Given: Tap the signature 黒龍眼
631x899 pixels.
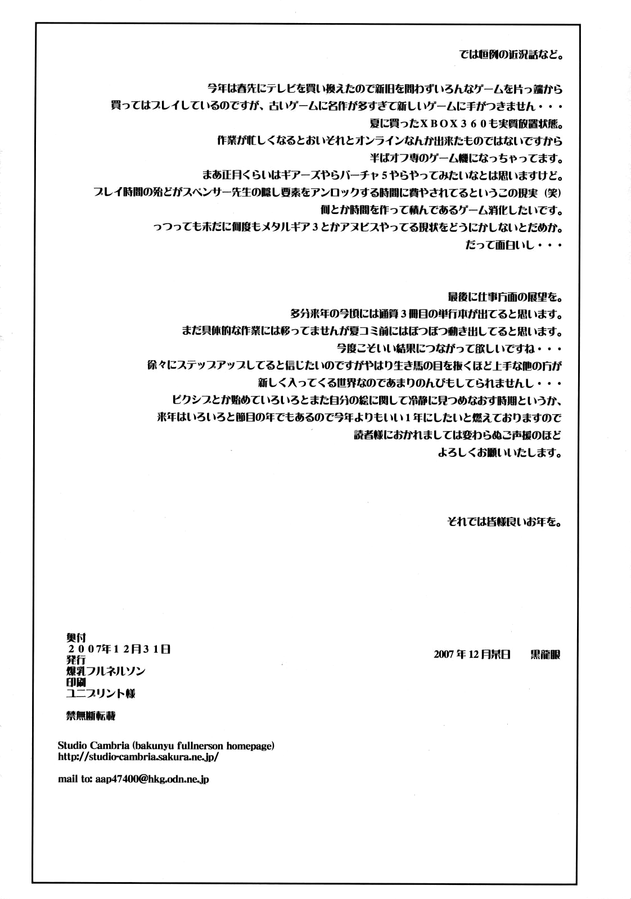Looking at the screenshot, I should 545,655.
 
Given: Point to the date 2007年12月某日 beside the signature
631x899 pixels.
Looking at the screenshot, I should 472,655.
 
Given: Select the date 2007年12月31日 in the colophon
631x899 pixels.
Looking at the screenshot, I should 118,648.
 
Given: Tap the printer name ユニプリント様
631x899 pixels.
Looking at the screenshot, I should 101,693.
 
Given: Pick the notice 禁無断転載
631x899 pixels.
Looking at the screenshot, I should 91,716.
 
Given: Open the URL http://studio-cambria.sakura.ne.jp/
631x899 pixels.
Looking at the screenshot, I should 138,756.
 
